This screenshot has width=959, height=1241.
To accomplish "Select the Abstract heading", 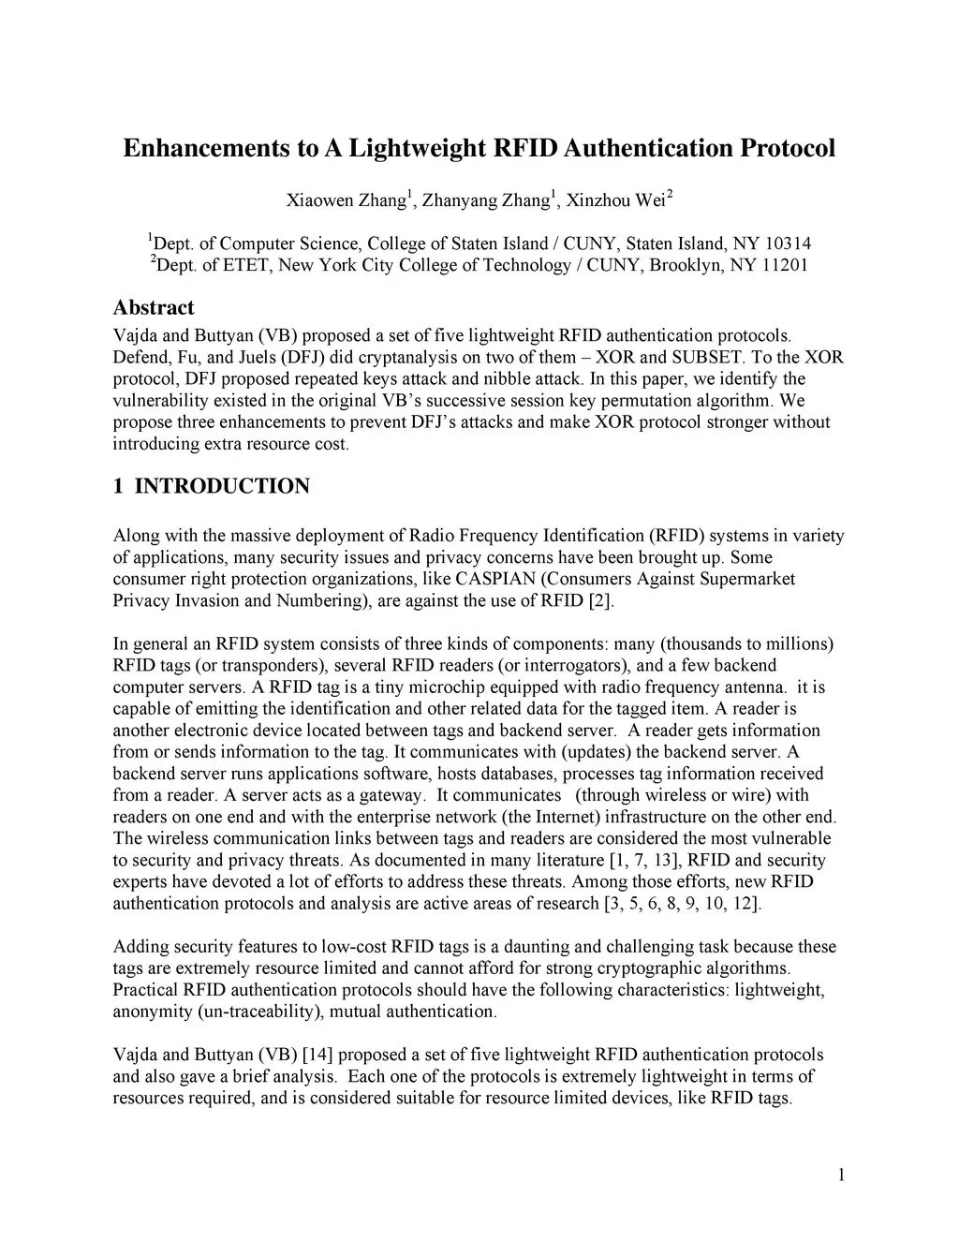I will tap(154, 308).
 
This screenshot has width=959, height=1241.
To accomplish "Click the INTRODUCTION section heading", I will tap(222, 486).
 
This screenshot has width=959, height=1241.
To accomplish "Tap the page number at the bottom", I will tap(841, 1175).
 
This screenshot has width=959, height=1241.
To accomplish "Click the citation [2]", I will tap(600, 600).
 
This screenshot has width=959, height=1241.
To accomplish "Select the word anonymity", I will tap(153, 1011).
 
